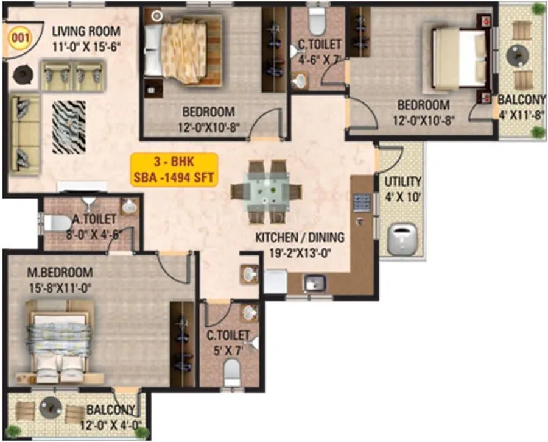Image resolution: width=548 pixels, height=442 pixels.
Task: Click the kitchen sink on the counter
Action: [315, 283]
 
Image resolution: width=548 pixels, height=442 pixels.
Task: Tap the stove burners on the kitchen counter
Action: [362, 202]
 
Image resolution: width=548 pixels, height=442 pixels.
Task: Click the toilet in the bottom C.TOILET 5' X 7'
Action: [231, 370]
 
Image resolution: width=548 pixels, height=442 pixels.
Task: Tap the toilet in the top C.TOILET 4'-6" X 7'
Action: [317, 23]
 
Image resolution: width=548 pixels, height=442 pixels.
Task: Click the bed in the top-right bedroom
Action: [460, 57]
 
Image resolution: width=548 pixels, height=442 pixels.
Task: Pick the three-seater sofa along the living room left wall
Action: [25, 134]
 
